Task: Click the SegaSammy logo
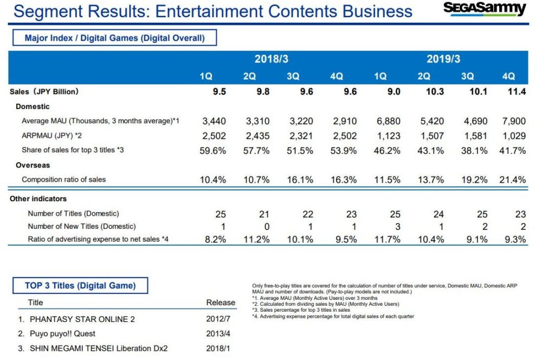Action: (485, 9)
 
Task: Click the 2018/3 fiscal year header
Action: (271, 59)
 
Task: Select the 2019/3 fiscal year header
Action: (443, 59)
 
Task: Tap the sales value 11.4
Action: (517, 92)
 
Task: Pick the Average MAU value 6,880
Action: (388, 121)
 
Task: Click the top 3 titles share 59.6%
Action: (212, 150)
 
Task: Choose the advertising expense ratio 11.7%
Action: (387, 240)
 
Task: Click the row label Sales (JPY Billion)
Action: (44, 92)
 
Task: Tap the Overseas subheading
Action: (33, 165)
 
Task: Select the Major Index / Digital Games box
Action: (114, 37)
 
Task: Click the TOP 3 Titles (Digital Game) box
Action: (80, 285)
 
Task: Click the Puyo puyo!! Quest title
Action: (64, 334)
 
